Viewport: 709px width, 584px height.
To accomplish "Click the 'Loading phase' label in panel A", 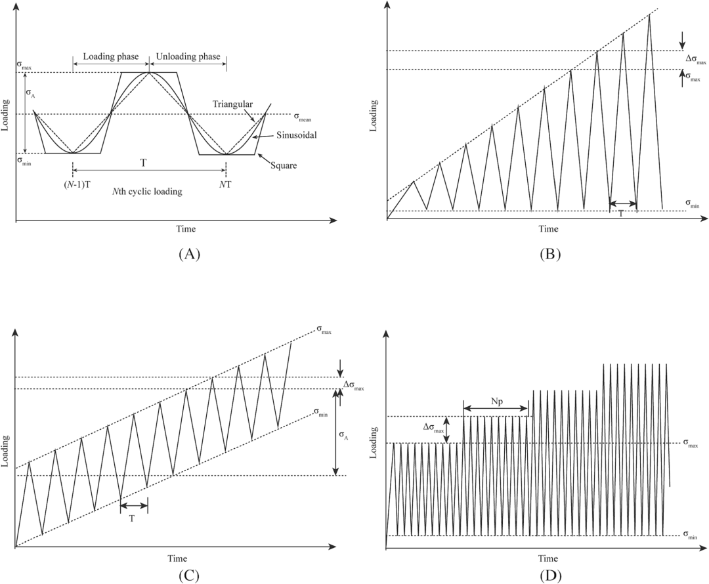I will (x=110, y=57).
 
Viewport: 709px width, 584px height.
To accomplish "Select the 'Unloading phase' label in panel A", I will (x=187, y=57).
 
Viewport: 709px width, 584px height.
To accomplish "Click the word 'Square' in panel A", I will (x=283, y=165).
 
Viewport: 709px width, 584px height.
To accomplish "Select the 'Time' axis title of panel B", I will (x=548, y=229).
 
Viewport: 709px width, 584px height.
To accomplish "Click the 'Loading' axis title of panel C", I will (x=6, y=451).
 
